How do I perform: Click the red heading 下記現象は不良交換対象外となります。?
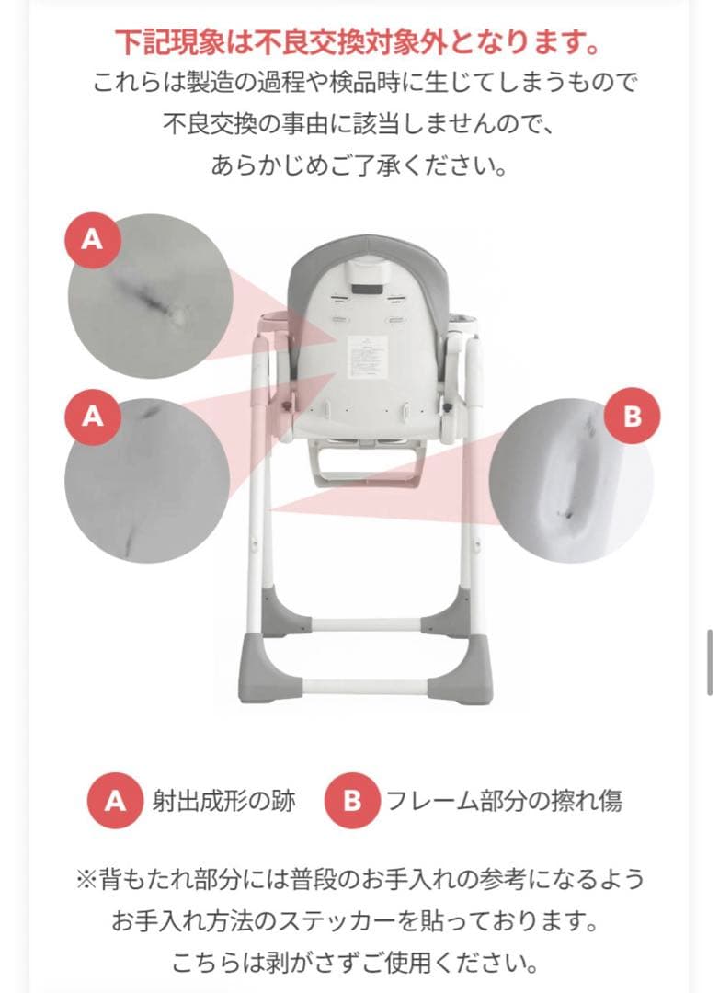click(x=358, y=43)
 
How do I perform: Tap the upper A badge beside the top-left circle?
click(x=93, y=240)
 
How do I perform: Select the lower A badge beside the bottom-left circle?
click(x=93, y=417)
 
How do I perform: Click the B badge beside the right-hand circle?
click(x=632, y=417)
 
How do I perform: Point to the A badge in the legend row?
click(x=115, y=801)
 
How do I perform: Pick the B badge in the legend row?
click(x=352, y=801)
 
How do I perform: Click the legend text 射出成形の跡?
click(x=223, y=801)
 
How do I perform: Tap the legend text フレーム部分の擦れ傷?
click(x=504, y=801)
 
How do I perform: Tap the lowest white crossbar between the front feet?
click(x=366, y=687)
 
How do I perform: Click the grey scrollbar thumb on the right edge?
click(x=710, y=662)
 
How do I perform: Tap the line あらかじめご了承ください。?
click(x=359, y=165)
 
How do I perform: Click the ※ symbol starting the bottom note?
click(x=86, y=879)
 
